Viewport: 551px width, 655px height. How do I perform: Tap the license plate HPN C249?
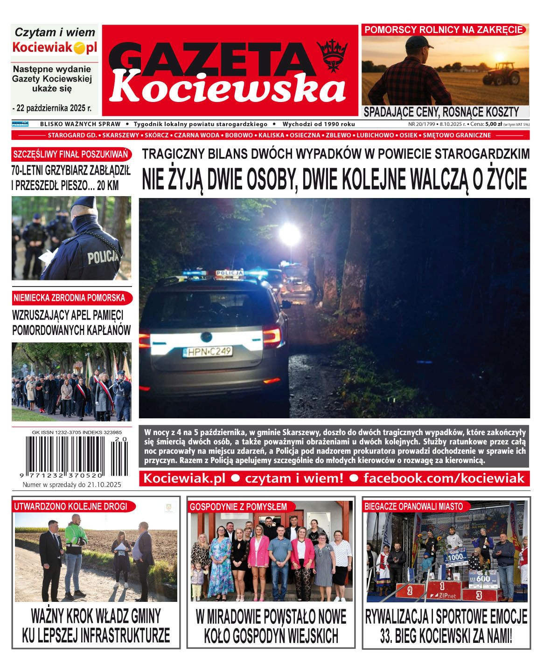(208, 351)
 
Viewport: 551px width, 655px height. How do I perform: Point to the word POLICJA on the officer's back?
(103, 256)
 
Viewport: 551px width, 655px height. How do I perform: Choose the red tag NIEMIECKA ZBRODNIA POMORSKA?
(70, 297)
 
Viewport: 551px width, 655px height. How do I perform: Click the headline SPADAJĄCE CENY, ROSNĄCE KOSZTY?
(441, 112)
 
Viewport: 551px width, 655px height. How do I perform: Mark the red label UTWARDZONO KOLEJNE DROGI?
(70, 506)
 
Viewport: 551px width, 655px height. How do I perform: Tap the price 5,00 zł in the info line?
(493, 124)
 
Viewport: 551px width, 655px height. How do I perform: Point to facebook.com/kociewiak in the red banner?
(444, 478)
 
